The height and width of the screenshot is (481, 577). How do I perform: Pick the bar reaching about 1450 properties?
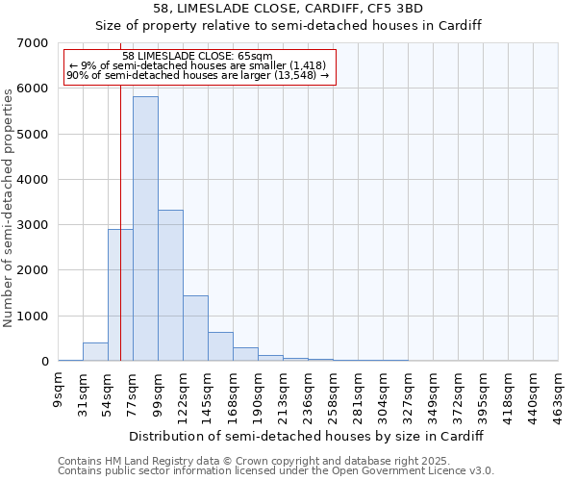pyautogui.click(x=195, y=328)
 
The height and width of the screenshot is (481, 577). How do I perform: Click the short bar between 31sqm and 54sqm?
pyautogui.click(x=95, y=352)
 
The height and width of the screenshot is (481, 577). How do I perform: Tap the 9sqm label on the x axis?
pyautogui.click(x=59, y=392)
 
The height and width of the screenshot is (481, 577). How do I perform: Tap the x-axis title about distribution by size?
pyautogui.click(x=305, y=436)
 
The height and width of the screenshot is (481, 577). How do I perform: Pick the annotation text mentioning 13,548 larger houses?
pyautogui.click(x=198, y=75)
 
